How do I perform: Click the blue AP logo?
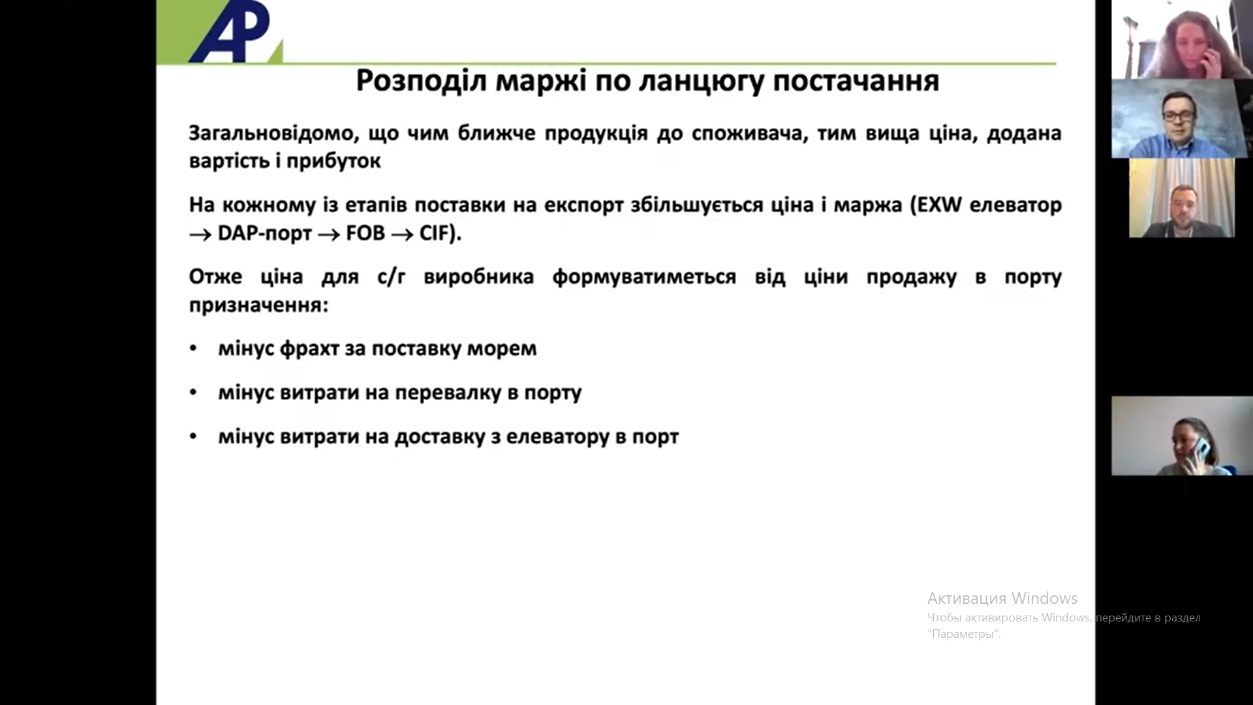230,31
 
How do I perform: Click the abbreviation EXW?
939,205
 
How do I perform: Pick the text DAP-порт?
264,234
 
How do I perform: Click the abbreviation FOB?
365,233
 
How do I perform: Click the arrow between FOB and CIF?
402,234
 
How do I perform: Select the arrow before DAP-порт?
200,234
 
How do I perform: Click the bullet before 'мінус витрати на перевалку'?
193,392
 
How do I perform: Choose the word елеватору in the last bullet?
558,437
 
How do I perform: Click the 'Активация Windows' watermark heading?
1002,599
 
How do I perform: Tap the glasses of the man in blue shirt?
1179,115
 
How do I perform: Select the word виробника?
478,277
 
